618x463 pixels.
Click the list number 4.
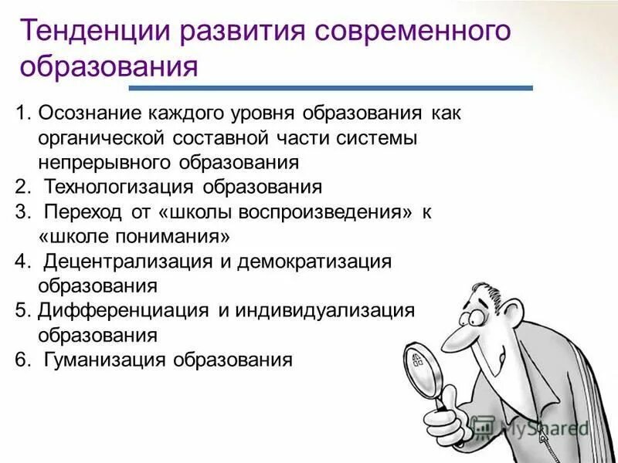tap(21, 262)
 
